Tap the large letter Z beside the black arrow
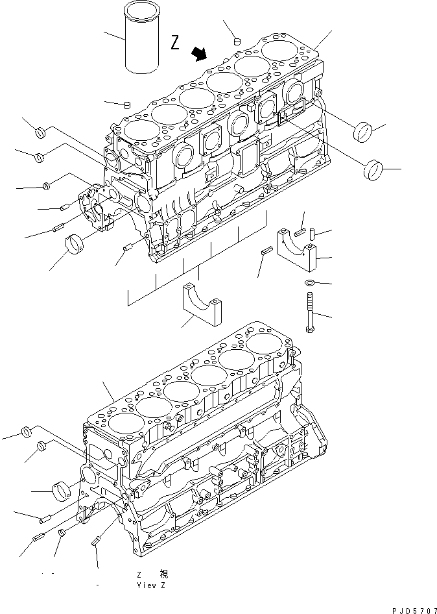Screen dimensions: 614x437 tap(174, 43)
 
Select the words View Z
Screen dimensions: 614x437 tap(151, 585)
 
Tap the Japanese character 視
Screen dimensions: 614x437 tap(163, 574)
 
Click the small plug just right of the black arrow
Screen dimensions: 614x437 tap(237, 41)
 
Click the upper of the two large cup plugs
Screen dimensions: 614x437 tap(362, 132)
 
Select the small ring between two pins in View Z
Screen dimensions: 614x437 tap(62, 534)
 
